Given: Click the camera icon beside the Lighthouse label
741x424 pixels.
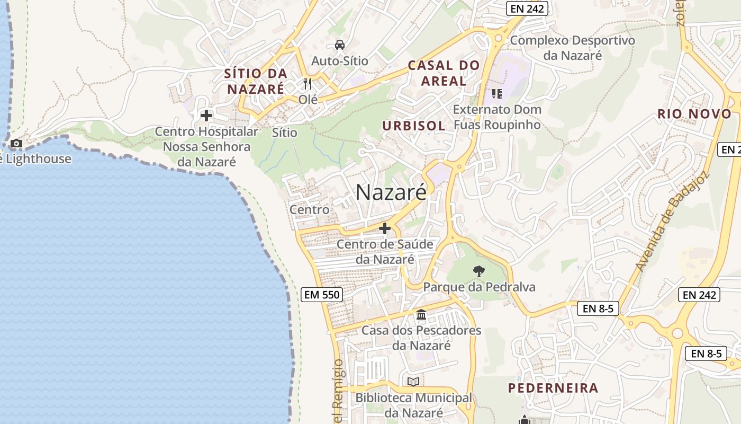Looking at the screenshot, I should pyautogui.click(x=16, y=143).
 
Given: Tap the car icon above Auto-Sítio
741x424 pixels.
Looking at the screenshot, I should pyautogui.click(x=340, y=45).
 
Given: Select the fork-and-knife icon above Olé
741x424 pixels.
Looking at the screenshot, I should pyautogui.click(x=308, y=83).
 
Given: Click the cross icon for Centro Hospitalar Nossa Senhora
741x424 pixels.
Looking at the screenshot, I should pyautogui.click(x=206, y=115).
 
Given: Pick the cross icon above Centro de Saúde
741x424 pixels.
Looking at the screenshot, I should pyautogui.click(x=385, y=228).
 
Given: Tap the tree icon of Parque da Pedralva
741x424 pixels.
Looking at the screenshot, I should pyautogui.click(x=479, y=271).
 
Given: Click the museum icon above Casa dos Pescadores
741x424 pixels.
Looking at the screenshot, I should pyautogui.click(x=421, y=315).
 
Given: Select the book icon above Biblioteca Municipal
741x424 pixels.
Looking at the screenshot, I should pyautogui.click(x=413, y=382).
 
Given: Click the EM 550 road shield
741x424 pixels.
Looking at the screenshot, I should pyautogui.click(x=321, y=295).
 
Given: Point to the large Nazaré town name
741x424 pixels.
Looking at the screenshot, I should pyautogui.click(x=391, y=192).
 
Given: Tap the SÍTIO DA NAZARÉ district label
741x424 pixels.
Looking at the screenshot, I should pyautogui.click(x=256, y=81).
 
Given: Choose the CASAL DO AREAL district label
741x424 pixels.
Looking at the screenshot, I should pyautogui.click(x=444, y=73).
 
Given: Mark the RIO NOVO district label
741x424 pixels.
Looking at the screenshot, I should pyautogui.click(x=694, y=113).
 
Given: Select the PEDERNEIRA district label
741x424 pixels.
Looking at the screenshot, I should pyautogui.click(x=553, y=388).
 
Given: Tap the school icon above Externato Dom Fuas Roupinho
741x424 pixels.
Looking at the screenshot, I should pyautogui.click(x=496, y=94).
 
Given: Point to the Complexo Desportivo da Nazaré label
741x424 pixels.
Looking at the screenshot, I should pyautogui.click(x=572, y=48).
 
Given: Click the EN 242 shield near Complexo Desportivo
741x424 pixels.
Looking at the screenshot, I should pyautogui.click(x=526, y=8).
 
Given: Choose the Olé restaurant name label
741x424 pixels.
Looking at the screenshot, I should pyautogui.click(x=308, y=99).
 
